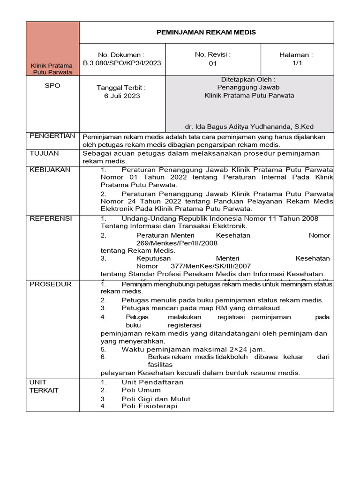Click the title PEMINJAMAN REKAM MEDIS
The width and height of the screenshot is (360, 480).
[x=206, y=32]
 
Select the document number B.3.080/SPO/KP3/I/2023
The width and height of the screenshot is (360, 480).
[x=122, y=63]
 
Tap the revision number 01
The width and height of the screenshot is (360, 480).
[x=213, y=64]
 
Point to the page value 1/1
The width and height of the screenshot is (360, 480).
[x=297, y=64]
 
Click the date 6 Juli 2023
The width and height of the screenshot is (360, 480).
[x=122, y=96]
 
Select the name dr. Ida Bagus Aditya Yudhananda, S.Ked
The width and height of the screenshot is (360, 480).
[x=249, y=127]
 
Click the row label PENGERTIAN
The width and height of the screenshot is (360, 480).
[x=52, y=136]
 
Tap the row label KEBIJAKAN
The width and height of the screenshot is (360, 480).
[x=50, y=170]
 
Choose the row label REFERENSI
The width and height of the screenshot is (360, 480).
[x=51, y=218]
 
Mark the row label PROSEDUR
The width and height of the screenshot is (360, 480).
[x=50, y=284]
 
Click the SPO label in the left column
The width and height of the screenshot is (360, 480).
[x=52, y=86]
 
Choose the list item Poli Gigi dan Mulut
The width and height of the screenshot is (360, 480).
[x=156, y=399]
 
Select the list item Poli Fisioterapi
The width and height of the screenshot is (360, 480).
[x=150, y=406]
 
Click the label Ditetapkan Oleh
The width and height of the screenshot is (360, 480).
[x=248, y=79]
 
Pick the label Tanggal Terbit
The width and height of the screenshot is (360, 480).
[x=121, y=88]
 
